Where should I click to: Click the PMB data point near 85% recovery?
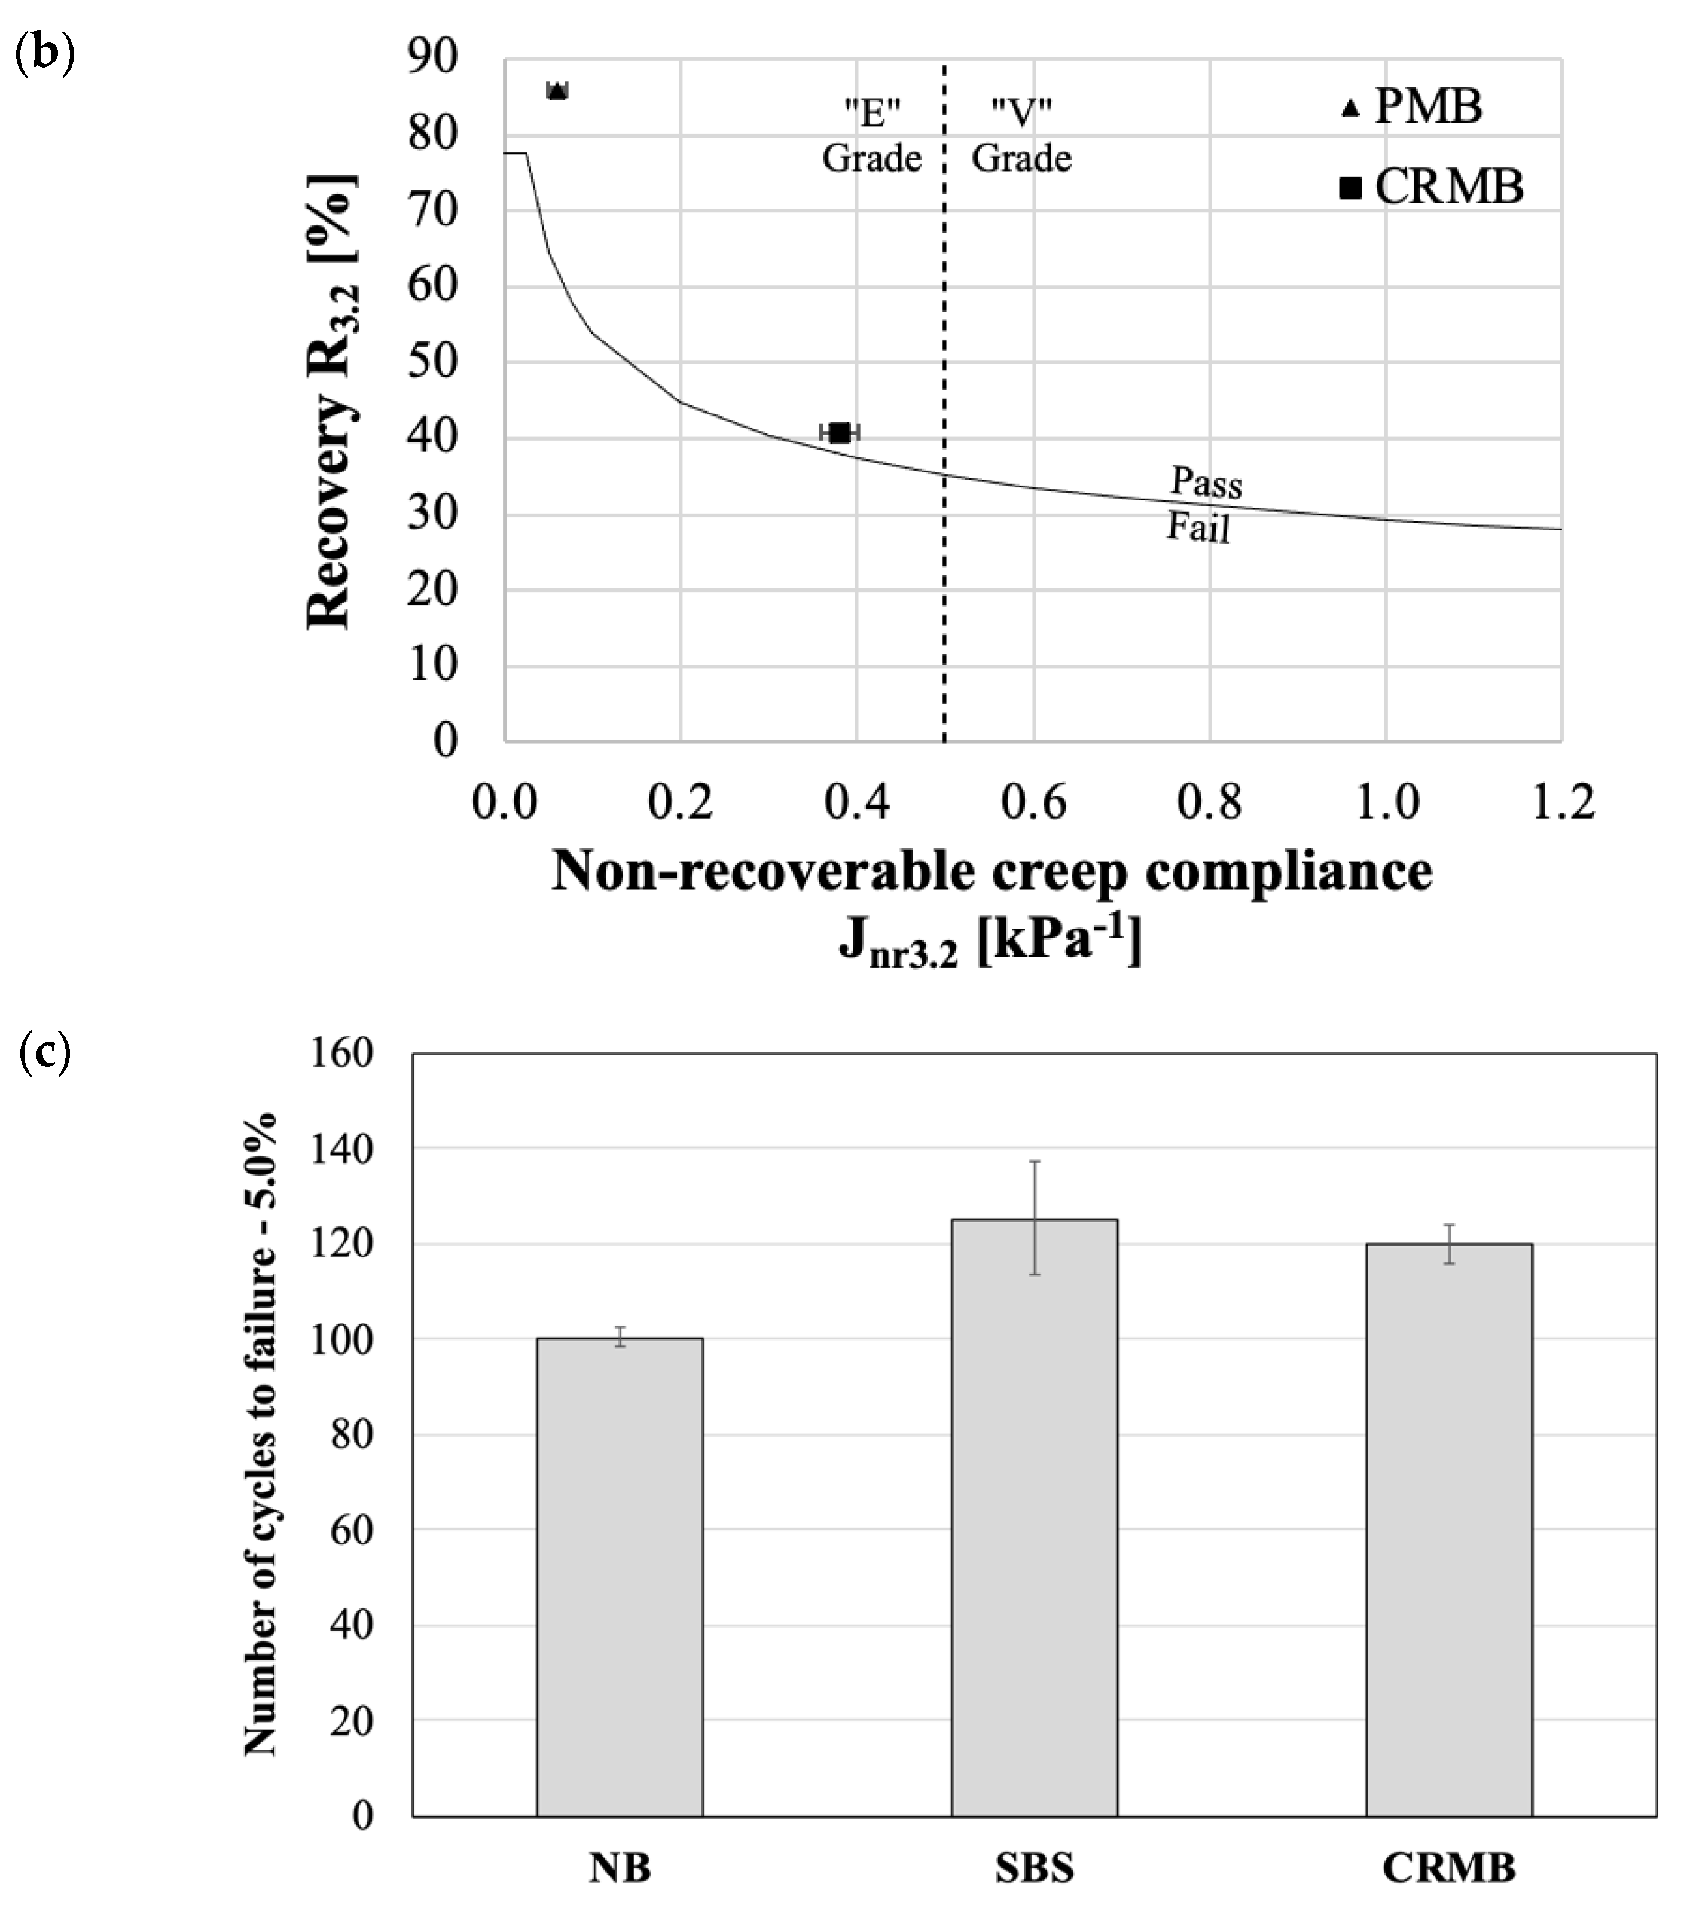pyautogui.click(x=556, y=90)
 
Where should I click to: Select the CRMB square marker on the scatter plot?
pyautogui.click(x=839, y=432)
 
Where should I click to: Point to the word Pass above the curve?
pyautogui.click(x=1206, y=483)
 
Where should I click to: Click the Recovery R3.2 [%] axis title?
pyautogui.click(x=330, y=401)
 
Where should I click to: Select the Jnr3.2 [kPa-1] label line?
pyautogui.click(x=990, y=941)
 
